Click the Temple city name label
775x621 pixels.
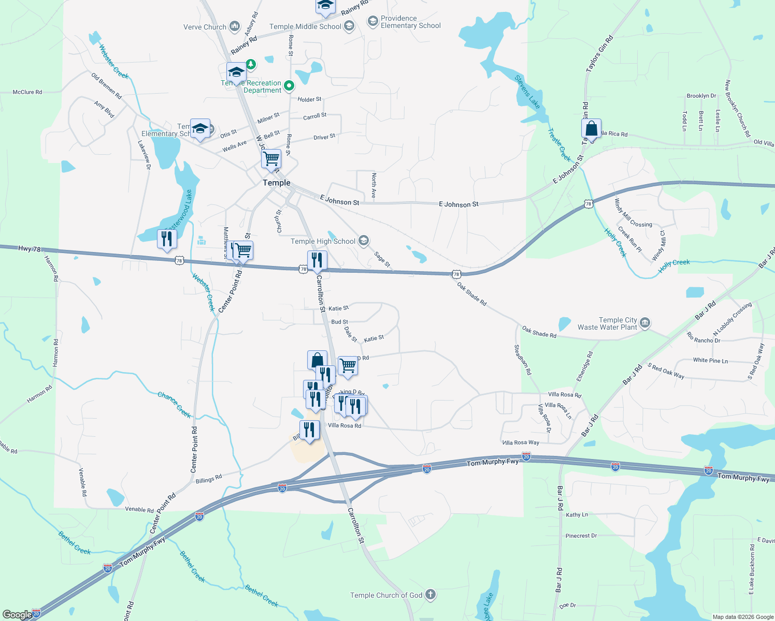pyautogui.click(x=276, y=183)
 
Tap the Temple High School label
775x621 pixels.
pyautogui.click(x=323, y=241)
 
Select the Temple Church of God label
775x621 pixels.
pyautogui.click(x=386, y=595)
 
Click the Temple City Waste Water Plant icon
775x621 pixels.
pyautogui.click(x=645, y=323)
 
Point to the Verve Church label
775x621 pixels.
pyautogui.click(x=205, y=27)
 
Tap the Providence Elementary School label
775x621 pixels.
pyautogui.click(x=410, y=22)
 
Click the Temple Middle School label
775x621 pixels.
pyautogui.click(x=305, y=26)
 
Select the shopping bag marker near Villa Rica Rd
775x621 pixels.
pyautogui.click(x=591, y=129)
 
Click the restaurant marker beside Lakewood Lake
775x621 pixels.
pyautogui.click(x=167, y=239)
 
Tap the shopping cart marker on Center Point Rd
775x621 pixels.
pyautogui.click(x=242, y=250)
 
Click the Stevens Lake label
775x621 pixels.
pyautogui.click(x=527, y=92)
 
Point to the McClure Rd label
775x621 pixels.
pyautogui.click(x=27, y=92)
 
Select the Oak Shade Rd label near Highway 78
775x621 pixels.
pyautogui.click(x=471, y=293)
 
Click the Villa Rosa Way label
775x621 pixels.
pyautogui.click(x=521, y=442)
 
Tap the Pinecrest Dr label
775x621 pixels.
pyautogui.click(x=581, y=536)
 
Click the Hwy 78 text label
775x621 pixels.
pyautogui.click(x=29, y=249)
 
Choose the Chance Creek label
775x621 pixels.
pyautogui.click(x=174, y=405)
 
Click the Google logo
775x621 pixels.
pyautogui.click(x=17, y=614)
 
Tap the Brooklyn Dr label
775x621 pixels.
pyautogui.click(x=701, y=96)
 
